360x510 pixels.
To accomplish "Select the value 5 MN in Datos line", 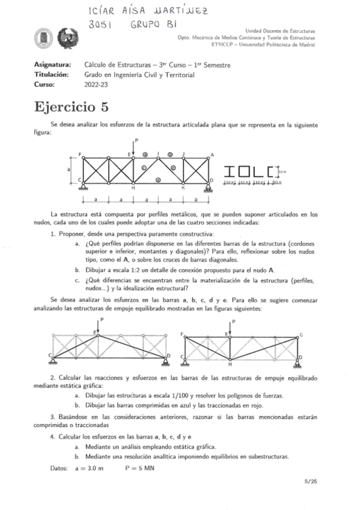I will [x=141, y=467].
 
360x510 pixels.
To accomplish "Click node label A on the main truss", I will [x=212, y=155].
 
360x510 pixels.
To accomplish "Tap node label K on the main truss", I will [x=183, y=188].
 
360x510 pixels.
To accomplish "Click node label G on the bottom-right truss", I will [x=301, y=334].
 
